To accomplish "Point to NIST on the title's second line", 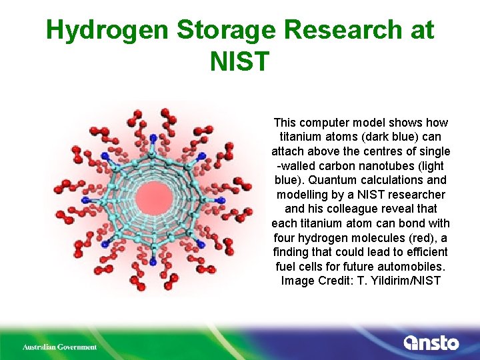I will point(239,61).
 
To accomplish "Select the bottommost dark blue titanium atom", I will point(153,263).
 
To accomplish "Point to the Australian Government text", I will point(60,347).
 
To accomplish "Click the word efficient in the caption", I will point(425,252).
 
